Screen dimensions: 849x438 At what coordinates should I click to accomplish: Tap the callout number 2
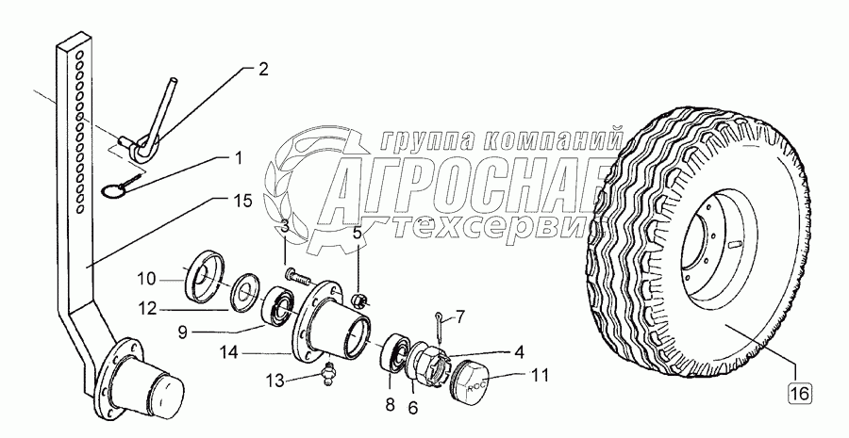pos(262,69)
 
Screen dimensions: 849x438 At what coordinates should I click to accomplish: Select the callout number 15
pos(243,202)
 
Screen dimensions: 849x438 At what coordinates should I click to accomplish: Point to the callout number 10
pos(145,280)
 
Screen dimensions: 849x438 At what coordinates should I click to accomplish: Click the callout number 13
pos(275,381)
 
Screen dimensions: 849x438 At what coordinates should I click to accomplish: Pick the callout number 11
pos(539,375)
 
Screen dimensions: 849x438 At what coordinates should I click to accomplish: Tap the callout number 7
pos(459,316)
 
